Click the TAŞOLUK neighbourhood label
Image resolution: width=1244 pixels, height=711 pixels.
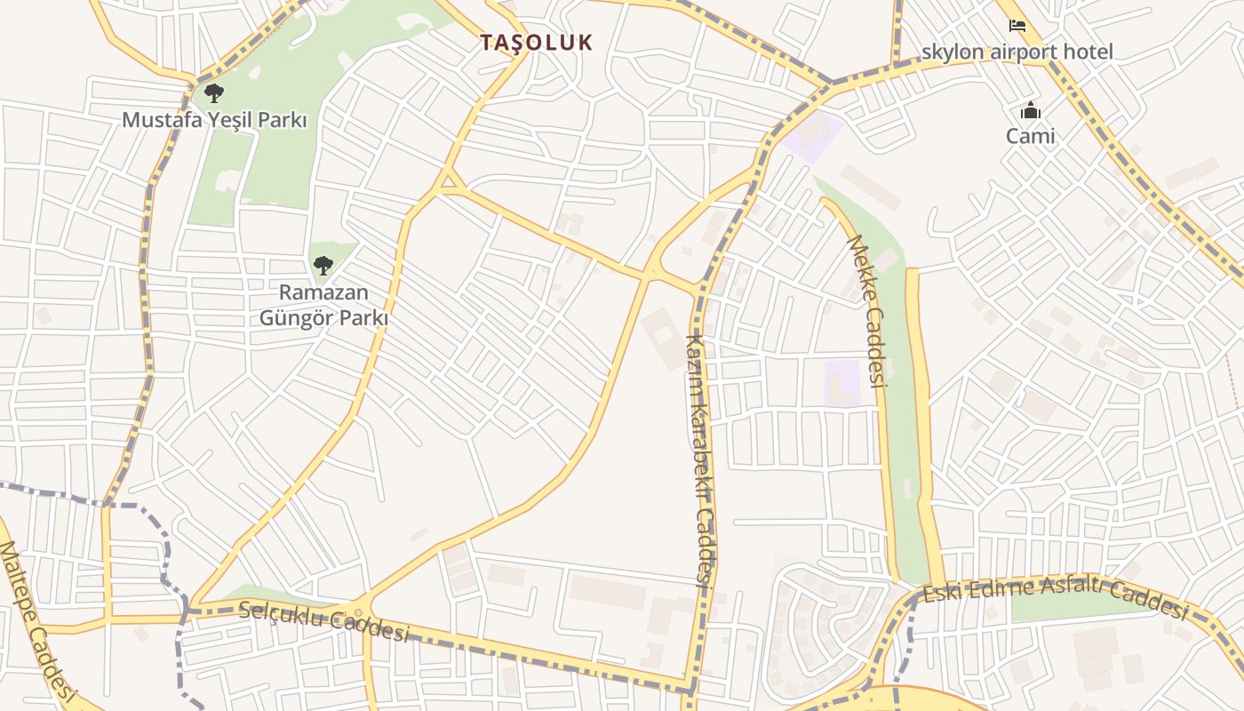(x=536, y=42)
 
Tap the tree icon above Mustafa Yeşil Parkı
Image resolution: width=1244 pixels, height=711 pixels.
(x=213, y=92)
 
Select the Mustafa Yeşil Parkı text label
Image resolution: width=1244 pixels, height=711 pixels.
(x=214, y=119)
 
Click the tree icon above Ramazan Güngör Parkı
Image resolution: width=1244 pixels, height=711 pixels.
(x=323, y=265)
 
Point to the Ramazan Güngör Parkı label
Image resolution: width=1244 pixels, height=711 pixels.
(x=323, y=304)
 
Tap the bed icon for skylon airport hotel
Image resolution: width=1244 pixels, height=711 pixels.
(x=1017, y=26)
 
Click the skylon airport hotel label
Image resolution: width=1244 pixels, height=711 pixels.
(x=1017, y=52)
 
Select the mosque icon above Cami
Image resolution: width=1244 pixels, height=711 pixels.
(x=1030, y=111)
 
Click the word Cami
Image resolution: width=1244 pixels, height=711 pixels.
(x=1030, y=136)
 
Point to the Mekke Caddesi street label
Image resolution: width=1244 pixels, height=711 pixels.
(x=867, y=311)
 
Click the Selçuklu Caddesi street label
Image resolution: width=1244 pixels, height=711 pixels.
(x=324, y=621)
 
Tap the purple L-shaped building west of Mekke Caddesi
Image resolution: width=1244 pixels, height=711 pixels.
(x=841, y=383)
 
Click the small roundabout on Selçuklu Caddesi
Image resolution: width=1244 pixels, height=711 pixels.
(x=358, y=612)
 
